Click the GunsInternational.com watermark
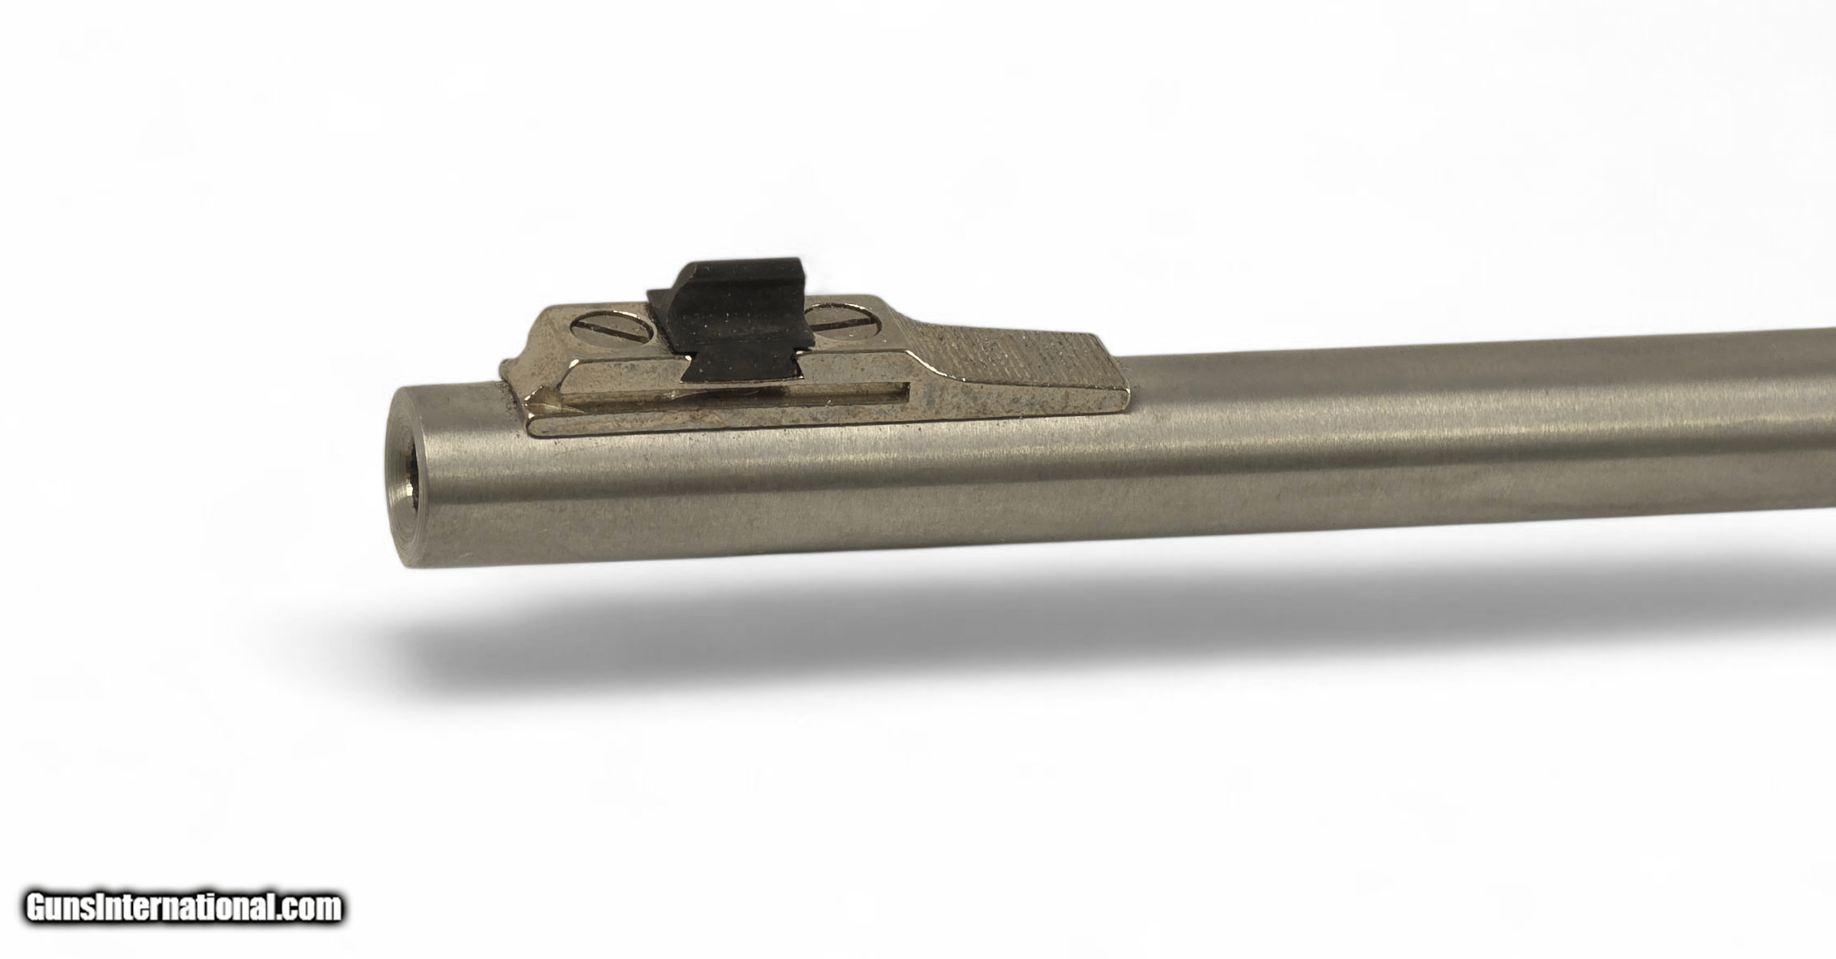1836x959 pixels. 183,906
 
